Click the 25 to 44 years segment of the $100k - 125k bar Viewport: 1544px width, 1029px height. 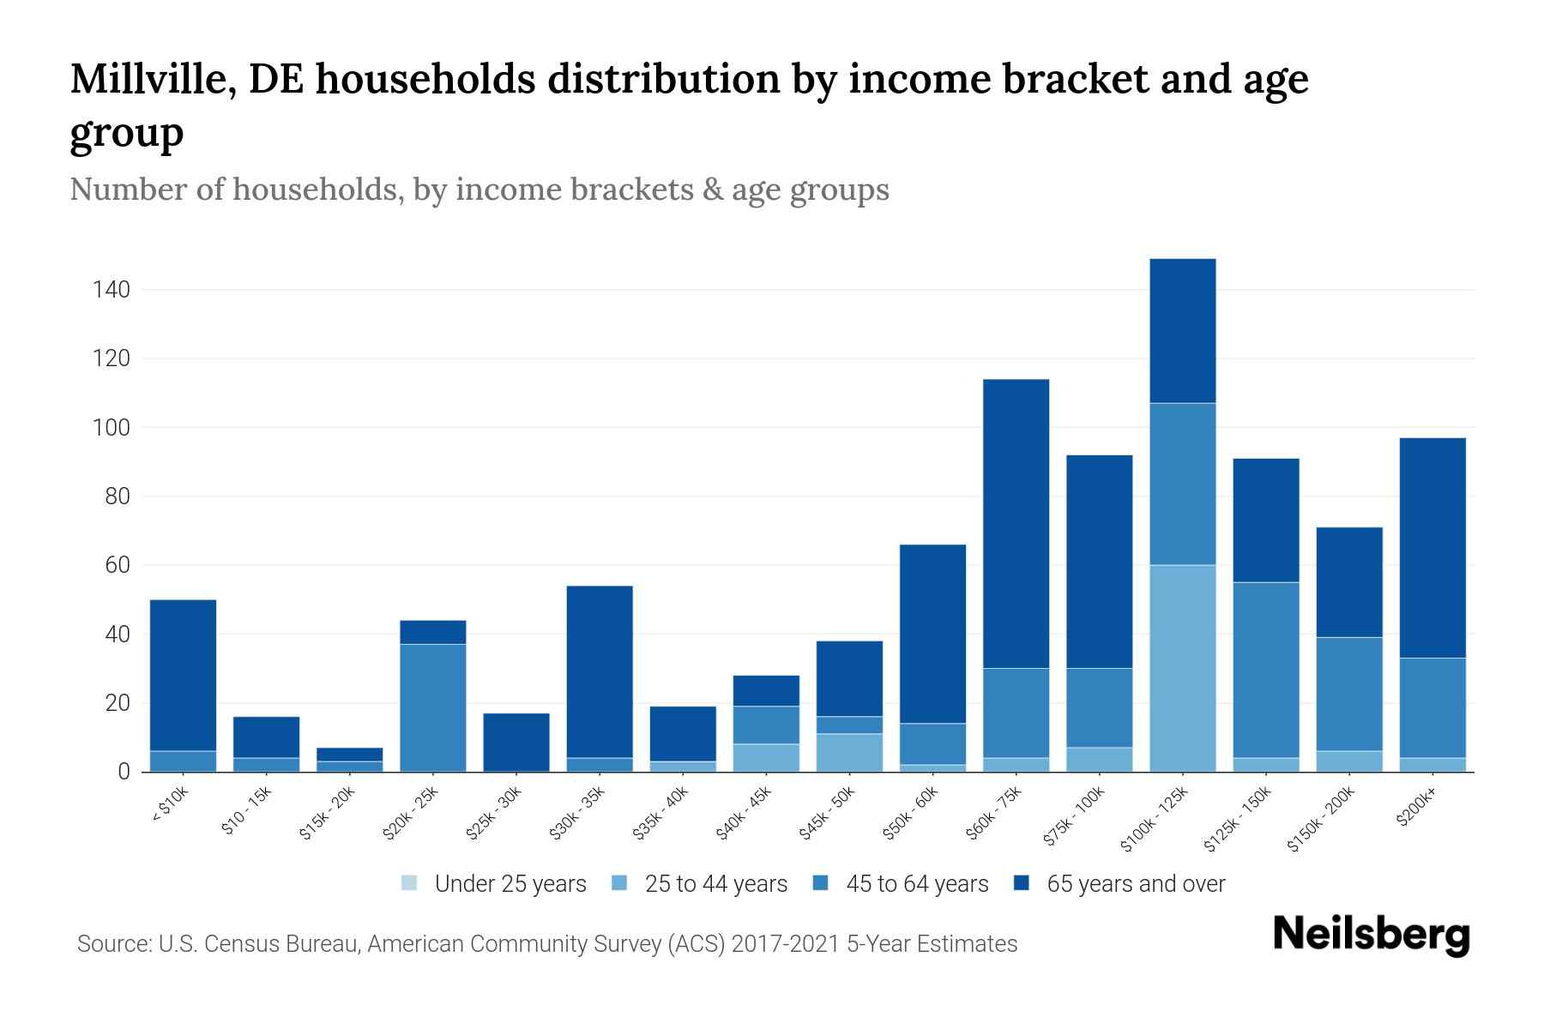[1183, 668]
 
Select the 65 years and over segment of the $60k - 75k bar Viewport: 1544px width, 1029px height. [1016, 523]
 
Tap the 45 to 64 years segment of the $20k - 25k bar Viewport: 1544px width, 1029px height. [433, 707]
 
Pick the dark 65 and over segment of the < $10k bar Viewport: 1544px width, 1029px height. [183, 675]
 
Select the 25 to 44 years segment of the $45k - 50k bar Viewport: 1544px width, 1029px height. [849, 752]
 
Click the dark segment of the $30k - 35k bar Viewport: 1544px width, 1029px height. [600, 671]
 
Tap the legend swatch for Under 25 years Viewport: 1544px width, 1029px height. [410, 883]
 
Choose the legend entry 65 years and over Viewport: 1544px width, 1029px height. [1135, 884]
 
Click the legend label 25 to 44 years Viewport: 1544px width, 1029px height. [715, 884]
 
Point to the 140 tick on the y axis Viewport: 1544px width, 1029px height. [112, 290]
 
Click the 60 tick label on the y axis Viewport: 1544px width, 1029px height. [118, 566]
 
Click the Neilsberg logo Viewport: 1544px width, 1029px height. [1371, 936]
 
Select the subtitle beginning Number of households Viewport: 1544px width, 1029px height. [479, 190]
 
